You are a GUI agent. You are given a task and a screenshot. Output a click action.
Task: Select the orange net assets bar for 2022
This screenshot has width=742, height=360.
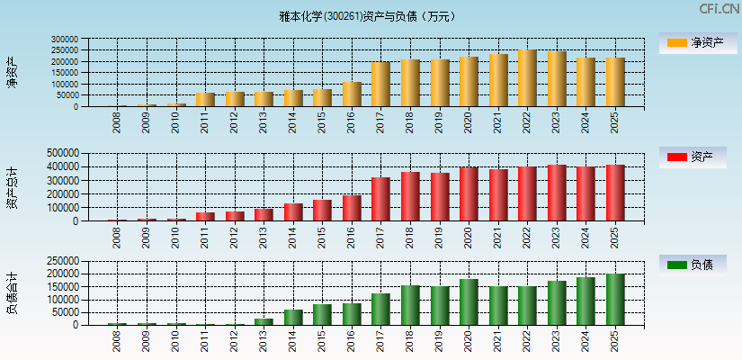[527, 78]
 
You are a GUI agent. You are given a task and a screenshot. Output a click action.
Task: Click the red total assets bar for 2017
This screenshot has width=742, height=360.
[380, 199]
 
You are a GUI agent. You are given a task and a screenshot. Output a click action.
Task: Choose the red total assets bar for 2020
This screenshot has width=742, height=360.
[469, 193]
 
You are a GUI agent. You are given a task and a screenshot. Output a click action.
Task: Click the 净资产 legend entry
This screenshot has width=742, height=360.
[692, 42]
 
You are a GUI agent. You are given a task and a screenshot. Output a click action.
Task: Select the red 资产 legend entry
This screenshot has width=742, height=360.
[692, 157]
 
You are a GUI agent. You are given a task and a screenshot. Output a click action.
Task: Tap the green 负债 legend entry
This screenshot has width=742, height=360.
[692, 265]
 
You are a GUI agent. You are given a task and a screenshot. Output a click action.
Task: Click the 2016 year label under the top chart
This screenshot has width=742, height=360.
[352, 122]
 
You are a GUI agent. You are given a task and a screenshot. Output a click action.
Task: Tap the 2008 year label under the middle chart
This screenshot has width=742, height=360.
[117, 237]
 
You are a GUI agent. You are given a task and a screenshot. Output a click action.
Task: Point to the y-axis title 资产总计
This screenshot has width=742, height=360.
[13, 187]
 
